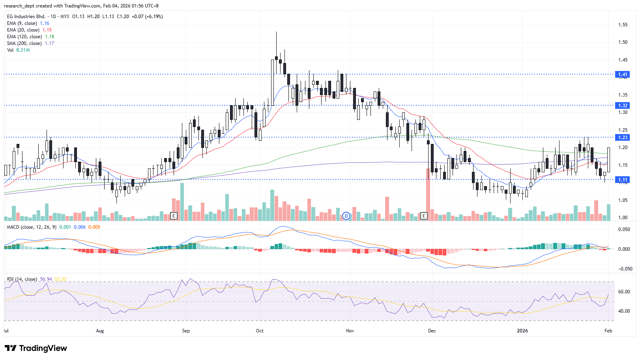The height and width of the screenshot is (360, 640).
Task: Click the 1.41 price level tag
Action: click(623, 75)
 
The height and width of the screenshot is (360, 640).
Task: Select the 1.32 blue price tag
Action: click(623, 106)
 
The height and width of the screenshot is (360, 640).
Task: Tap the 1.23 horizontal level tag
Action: click(623, 138)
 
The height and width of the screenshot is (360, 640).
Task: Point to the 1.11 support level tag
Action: click(623, 180)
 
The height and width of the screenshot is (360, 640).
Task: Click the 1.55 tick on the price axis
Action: click(623, 25)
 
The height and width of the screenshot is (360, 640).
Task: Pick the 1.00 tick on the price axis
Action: click(623, 218)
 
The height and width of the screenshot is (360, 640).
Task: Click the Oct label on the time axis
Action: click(260, 331)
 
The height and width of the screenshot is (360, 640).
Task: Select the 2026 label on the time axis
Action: click(522, 331)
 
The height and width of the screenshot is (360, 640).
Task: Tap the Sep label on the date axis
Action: click(186, 331)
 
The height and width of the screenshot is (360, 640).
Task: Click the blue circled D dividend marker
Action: click(346, 216)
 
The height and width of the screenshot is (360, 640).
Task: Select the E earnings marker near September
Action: click(174, 216)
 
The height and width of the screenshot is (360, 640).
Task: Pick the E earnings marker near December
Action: click(424, 216)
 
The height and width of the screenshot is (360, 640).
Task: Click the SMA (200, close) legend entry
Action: click(24, 43)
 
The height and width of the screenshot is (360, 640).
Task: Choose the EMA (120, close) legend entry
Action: click(24, 37)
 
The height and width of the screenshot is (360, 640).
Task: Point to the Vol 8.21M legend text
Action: click(18, 50)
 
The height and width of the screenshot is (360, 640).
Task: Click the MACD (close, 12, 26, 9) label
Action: click(32, 227)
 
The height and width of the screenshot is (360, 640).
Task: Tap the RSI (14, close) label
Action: click(22, 279)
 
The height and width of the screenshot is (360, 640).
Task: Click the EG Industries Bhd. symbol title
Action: click(26, 17)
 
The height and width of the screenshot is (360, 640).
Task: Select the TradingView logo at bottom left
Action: click(36, 348)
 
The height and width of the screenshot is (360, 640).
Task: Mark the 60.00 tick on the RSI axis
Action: click(624, 292)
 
